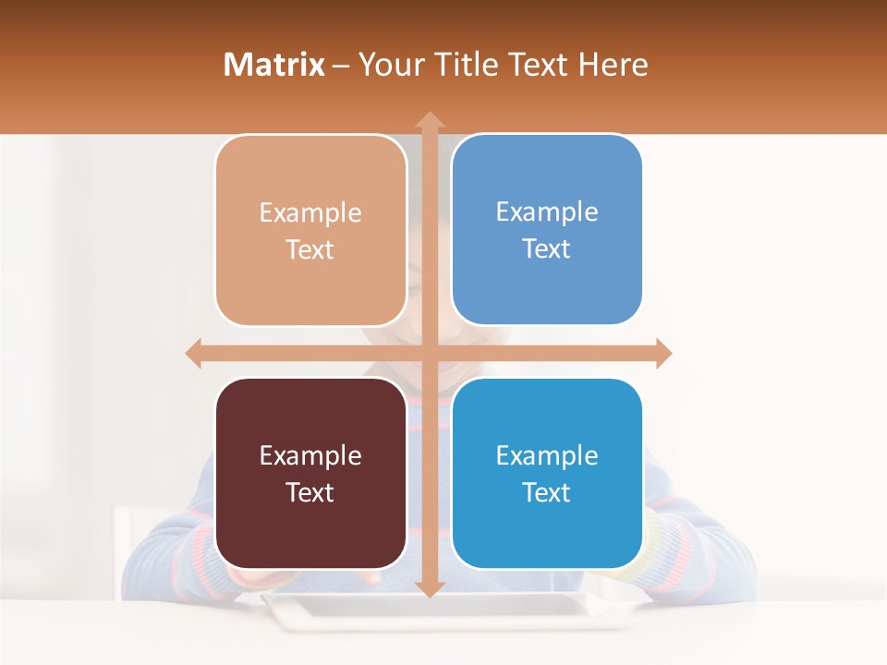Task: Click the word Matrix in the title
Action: pos(274,65)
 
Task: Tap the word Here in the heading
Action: pos(613,65)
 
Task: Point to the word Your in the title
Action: pos(389,65)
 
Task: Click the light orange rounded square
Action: pos(310,231)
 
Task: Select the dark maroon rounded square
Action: pos(310,473)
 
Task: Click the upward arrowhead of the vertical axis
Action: pos(429,120)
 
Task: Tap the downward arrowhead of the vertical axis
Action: pos(429,588)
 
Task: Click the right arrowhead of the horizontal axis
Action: pos(662,353)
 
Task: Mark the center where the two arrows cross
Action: pos(429,353)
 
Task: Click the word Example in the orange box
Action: pos(310,213)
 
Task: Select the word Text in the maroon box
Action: pos(310,492)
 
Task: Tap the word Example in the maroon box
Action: pos(310,455)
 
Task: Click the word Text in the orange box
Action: pos(310,250)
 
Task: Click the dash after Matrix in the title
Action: pos(341,66)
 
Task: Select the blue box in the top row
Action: pos(547,230)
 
